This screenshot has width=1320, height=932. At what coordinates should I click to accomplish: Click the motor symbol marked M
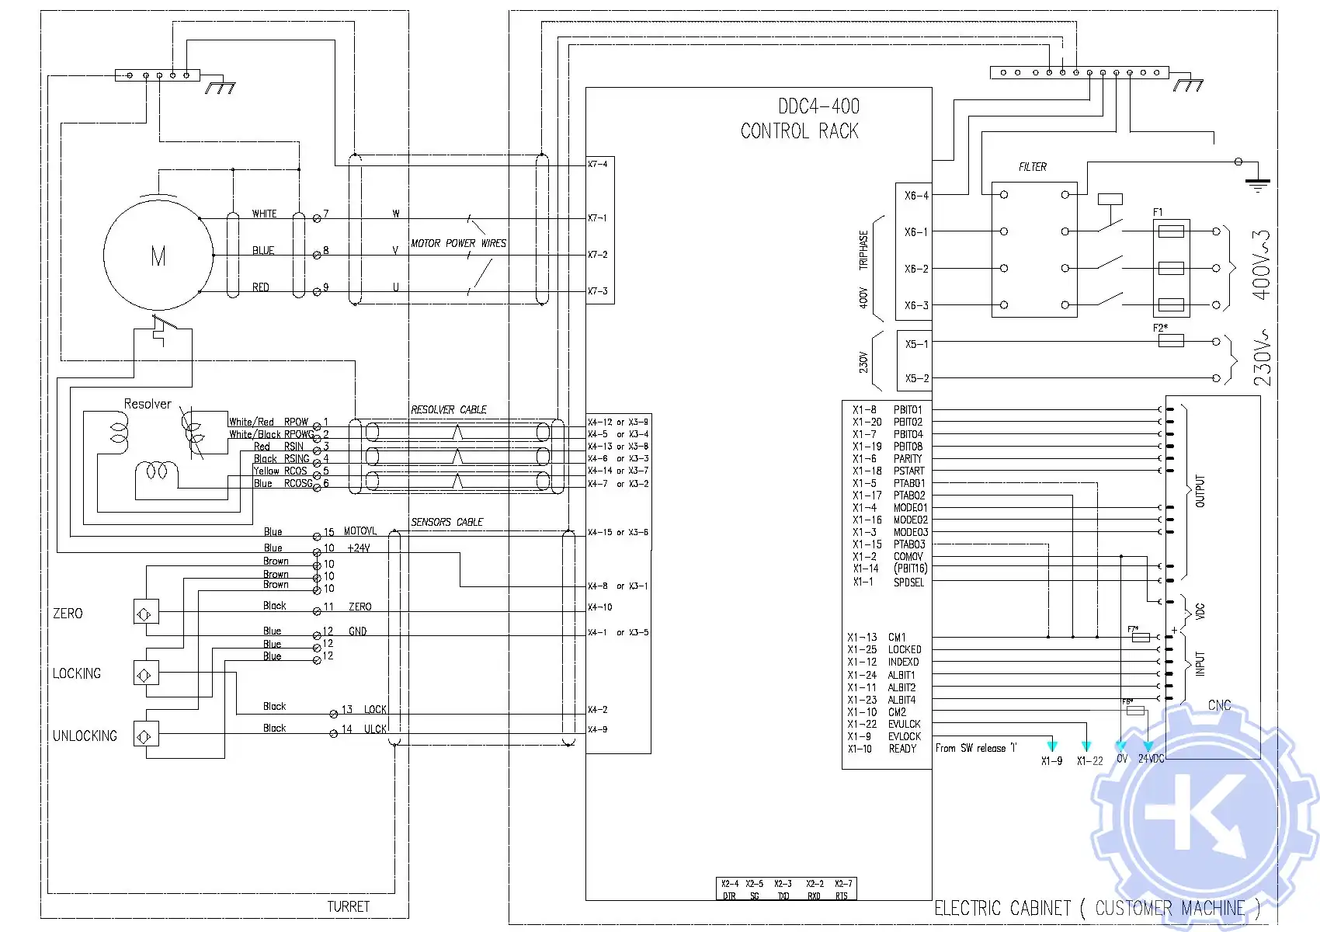[x=158, y=256]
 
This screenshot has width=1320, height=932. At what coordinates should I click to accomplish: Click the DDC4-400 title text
[x=819, y=106]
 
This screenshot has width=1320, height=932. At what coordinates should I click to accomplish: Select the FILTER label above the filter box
[x=1033, y=167]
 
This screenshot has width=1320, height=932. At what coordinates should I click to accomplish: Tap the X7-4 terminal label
[x=598, y=165]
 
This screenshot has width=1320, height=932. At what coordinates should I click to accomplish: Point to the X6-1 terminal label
[x=916, y=232]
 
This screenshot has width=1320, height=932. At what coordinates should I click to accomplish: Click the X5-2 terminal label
[x=917, y=379]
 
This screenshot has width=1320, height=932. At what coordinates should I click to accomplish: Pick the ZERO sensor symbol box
[x=146, y=613]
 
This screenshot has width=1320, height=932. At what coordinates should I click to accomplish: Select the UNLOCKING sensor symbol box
[x=146, y=735]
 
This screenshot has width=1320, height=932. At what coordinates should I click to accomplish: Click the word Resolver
[x=148, y=404]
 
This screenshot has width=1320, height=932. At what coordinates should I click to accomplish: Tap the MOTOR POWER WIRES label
[x=458, y=243]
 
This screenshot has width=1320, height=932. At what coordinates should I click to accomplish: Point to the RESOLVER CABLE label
[x=449, y=409]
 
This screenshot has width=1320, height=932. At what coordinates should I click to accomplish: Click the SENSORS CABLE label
[x=447, y=522]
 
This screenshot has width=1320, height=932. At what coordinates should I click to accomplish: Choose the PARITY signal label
[x=908, y=459]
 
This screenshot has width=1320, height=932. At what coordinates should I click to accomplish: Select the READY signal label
[x=902, y=749]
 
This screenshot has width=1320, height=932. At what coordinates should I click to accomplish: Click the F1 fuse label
[x=1158, y=212]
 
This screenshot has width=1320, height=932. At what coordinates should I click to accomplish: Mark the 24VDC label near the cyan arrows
[x=1152, y=759]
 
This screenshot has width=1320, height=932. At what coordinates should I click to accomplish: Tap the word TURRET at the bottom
[x=348, y=906]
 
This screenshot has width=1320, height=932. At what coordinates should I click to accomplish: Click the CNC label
[x=1219, y=705]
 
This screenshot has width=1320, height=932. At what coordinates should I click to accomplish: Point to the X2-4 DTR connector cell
[x=730, y=889]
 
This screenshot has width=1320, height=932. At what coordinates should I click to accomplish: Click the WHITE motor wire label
[x=264, y=214]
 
